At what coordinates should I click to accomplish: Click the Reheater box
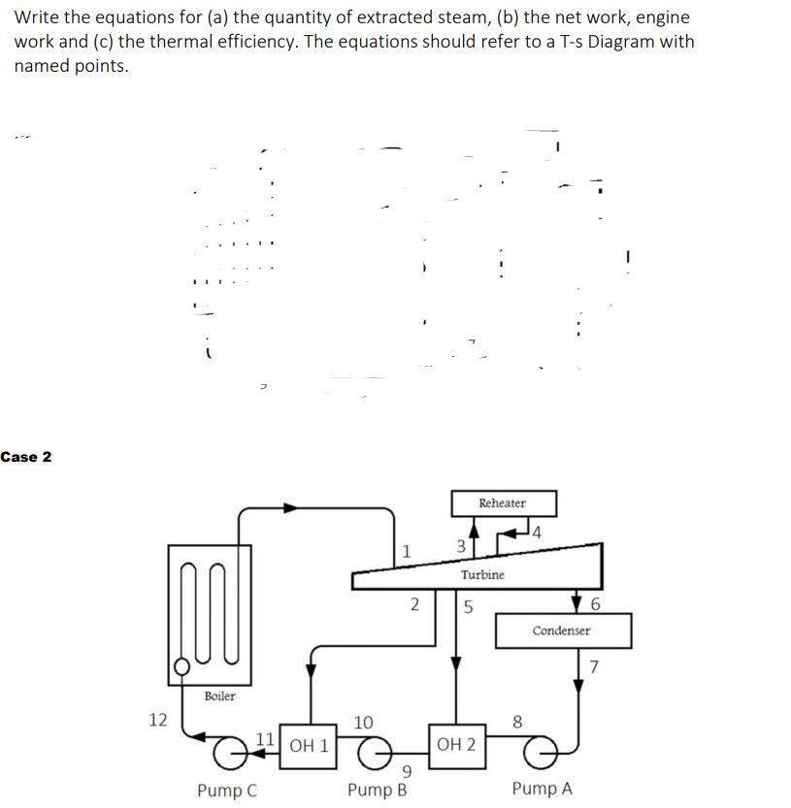[x=503, y=503]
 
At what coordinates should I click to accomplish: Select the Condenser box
[x=562, y=630]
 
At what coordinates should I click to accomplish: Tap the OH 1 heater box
[x=309, y=746]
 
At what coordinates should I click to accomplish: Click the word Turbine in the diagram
[x=482, y=574]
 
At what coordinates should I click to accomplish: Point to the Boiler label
[x=219, y=696]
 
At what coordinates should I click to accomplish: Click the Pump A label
[x=542, y=789]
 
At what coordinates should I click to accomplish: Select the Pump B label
[x=377, y=789]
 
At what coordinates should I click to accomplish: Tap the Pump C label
[x=227, y=790]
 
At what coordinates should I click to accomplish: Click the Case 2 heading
[x=26, y=457]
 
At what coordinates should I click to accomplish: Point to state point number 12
[x=158, y=720]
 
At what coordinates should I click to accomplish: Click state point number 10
[x=363, y=722]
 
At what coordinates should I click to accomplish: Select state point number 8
[x=516, y=722]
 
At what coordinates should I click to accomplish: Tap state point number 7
[x=595, y=666]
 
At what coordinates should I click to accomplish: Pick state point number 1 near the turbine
[x=407, y=551]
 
